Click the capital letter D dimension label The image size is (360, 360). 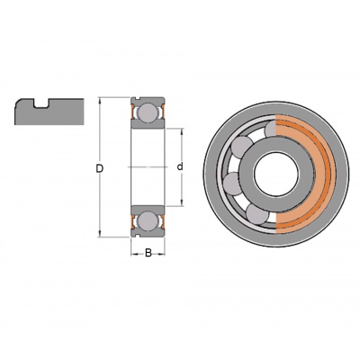(x=100, y=169)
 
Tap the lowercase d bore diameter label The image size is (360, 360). (x=180, y=166)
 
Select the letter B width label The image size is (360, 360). (x=148, y=254)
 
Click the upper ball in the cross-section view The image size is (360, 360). (x=148, y=112)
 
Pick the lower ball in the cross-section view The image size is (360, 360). (x=148, y=221)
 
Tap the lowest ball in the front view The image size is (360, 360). (x=257, y=214)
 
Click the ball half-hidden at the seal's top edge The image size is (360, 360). (x=270, y=129)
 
